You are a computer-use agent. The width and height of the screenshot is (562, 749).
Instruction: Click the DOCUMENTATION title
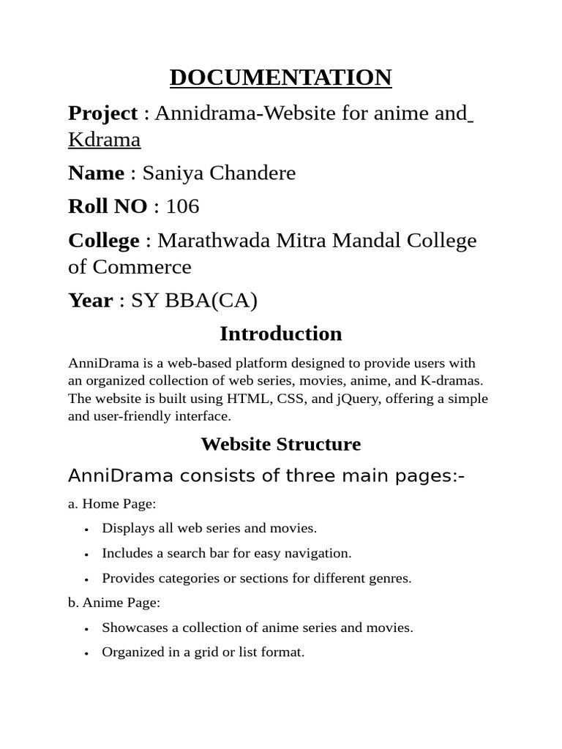click(280, 77)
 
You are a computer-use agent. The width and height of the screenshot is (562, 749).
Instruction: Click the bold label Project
click(102, 113)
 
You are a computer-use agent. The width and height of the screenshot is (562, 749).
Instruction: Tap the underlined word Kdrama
click(104, 140)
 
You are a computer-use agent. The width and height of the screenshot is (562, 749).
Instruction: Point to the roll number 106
click(182, 207)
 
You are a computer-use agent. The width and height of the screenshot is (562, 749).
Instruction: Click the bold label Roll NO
click(108, 207)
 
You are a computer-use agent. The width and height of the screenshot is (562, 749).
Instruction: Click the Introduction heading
click(280, 334)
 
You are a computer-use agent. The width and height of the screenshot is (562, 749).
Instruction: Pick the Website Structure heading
click(280, 444)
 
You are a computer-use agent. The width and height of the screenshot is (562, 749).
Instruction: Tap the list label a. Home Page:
click(112, 503)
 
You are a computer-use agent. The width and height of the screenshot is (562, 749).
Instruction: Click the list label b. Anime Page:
click(114, 603)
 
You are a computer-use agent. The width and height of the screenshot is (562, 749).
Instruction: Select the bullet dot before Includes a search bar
click(86, 554)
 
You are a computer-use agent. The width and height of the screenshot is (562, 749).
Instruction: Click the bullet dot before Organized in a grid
click(86, 653)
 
